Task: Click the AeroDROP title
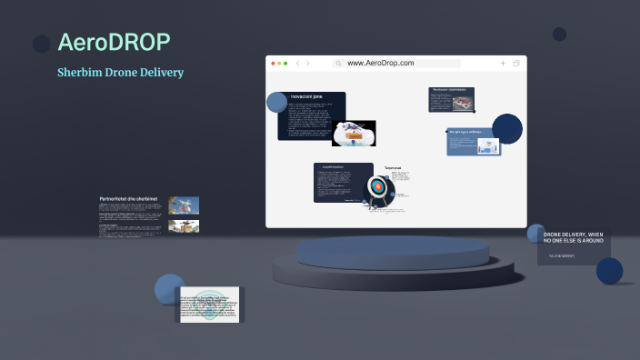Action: [114, 42]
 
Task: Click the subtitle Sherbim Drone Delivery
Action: [120, 72]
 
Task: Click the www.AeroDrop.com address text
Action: [380, 64]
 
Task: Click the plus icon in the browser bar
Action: [503, 64]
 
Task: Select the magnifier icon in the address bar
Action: [338, 64]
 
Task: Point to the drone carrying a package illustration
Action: [355, 134]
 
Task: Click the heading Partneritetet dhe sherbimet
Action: [128, 198]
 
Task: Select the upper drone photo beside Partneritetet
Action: [184, 206]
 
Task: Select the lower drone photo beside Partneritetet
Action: [184, 226]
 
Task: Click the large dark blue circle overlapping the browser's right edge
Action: [507, 129]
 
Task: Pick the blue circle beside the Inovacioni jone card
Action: [277, 102]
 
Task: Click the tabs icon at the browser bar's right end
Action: [516, 64]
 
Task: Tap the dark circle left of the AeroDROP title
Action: [41, 44]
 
